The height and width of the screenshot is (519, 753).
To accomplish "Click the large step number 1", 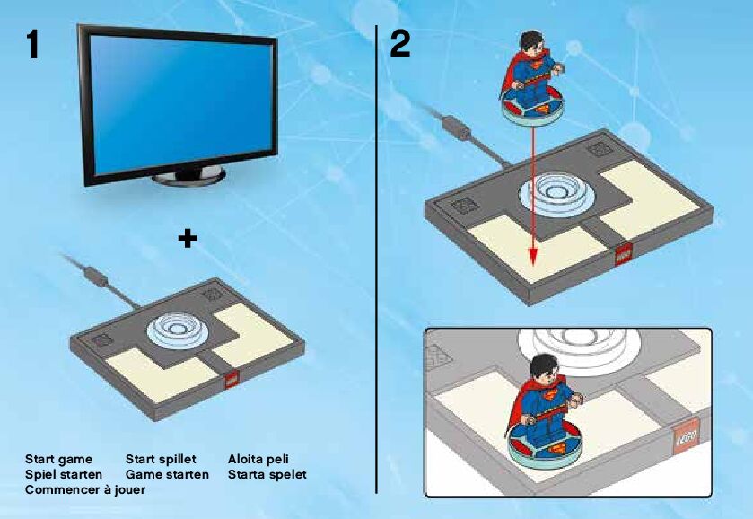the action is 32,44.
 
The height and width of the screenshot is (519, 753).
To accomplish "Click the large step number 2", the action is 400,43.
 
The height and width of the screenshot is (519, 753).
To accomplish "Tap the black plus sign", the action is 188,238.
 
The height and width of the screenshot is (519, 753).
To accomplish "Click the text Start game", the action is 58,460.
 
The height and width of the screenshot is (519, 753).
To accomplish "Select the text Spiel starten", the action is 64,475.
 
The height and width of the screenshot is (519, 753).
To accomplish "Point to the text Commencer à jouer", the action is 85,490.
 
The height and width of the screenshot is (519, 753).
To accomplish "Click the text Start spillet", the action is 161,460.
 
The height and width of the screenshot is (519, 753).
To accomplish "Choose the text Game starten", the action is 167,475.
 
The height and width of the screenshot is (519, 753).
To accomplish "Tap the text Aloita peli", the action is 258,460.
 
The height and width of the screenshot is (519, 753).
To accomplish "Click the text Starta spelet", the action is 267,475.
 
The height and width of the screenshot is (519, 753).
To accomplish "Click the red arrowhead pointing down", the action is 532,256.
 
